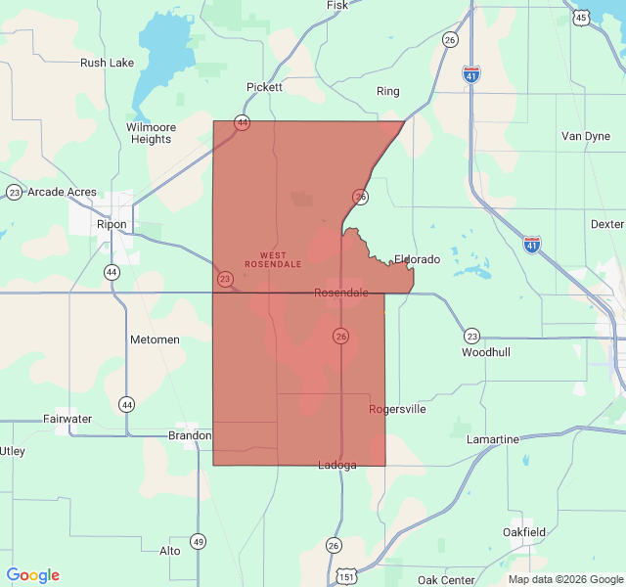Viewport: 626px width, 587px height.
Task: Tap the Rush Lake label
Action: pyautogui.click(x=107, y=63)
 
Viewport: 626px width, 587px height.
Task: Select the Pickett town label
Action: pyautogui.click(x=264, y=87)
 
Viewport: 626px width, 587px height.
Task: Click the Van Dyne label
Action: pyautogui.click(x=585, y=136)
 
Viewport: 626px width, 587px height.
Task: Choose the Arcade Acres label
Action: pyautogui.click(x=62, y=192)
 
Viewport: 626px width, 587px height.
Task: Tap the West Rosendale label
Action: pyautogui.click(x=273, y=259)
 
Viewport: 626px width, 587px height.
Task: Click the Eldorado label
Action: pyautogui.click(x=417, y=259)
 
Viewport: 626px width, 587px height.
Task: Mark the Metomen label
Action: pyautogui.click(x=155, y=339)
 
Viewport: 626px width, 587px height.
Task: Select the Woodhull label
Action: pyautogui.click(x=486, y=351)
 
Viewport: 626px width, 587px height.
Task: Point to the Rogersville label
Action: pyautogui.click(x=397, y=409)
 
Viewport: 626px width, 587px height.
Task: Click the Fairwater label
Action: pyautogui.click(x=67, y=419)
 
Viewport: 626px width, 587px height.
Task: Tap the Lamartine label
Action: pyautogui.click(x=493, y=439)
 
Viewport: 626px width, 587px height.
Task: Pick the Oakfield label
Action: pyautogui.click(x=524, y=531)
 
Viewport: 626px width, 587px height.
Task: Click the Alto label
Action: pyautogui.click(x=170, y=551)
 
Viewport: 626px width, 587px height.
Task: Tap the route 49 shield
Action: pyautogui.click(x=199, y=541)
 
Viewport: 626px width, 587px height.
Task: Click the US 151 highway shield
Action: pyautogui.click(x=347, y=576)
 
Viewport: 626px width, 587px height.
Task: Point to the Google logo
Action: pyautogui.click(x=33, y=575)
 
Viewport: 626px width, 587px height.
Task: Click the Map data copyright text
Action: pyautogui.click(x=564, y=579)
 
